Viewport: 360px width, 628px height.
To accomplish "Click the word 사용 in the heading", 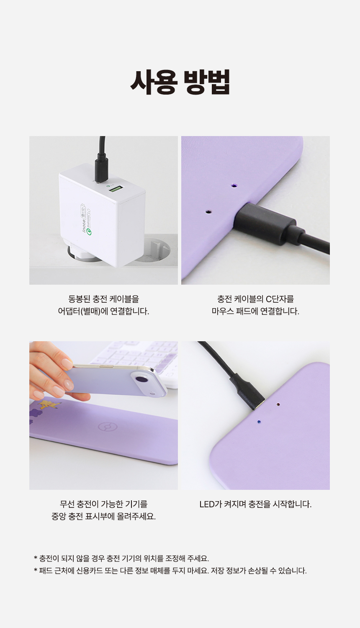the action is (x=154, y=82).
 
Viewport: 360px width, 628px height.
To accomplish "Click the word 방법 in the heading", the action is (x=207, y=82).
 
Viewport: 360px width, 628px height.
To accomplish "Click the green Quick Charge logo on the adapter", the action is (x=89, y=232).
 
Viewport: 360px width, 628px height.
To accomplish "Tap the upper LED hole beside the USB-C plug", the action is (x=234, y=185).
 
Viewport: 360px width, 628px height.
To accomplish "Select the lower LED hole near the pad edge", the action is (x=208, y=211).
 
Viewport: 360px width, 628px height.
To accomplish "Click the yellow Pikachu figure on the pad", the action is (x=49, y=404).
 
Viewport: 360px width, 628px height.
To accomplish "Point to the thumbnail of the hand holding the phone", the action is (x=103, y=415).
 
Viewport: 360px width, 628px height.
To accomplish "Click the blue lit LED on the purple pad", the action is (x=259, y=421).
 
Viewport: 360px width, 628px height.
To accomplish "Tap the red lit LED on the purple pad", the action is (x=278, y=404).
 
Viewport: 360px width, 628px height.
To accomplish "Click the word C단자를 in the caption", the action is (x=280, y=299).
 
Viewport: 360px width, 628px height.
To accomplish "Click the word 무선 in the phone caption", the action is (x=67, y=504).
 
